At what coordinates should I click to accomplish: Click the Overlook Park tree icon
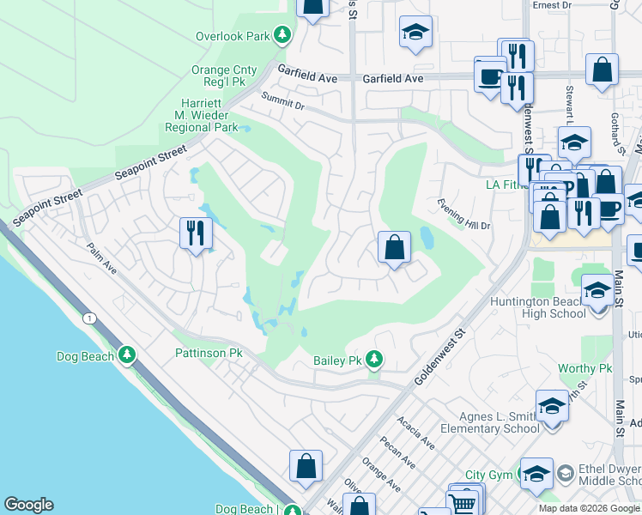coord(282,36)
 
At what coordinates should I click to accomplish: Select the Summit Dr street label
coord(283,100)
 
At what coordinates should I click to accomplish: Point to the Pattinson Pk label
coord(210,353)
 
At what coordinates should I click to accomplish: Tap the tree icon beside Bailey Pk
coord(373,359)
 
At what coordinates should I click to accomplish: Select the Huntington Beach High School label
coord(538,307)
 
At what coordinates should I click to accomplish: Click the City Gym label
coord(488,475)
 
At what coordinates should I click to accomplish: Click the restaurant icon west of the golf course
coord(196,233)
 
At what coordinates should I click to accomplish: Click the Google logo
coord(28,505)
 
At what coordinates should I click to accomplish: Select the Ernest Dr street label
coord(552,5)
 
